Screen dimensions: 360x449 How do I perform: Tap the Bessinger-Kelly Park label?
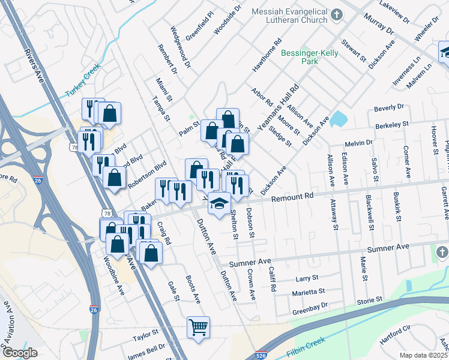tap(310, 57)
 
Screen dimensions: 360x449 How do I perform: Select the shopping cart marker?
tap(198, 328)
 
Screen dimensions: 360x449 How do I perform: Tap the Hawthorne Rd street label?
tap(267, 56)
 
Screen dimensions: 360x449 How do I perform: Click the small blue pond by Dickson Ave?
tap(338, 118)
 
